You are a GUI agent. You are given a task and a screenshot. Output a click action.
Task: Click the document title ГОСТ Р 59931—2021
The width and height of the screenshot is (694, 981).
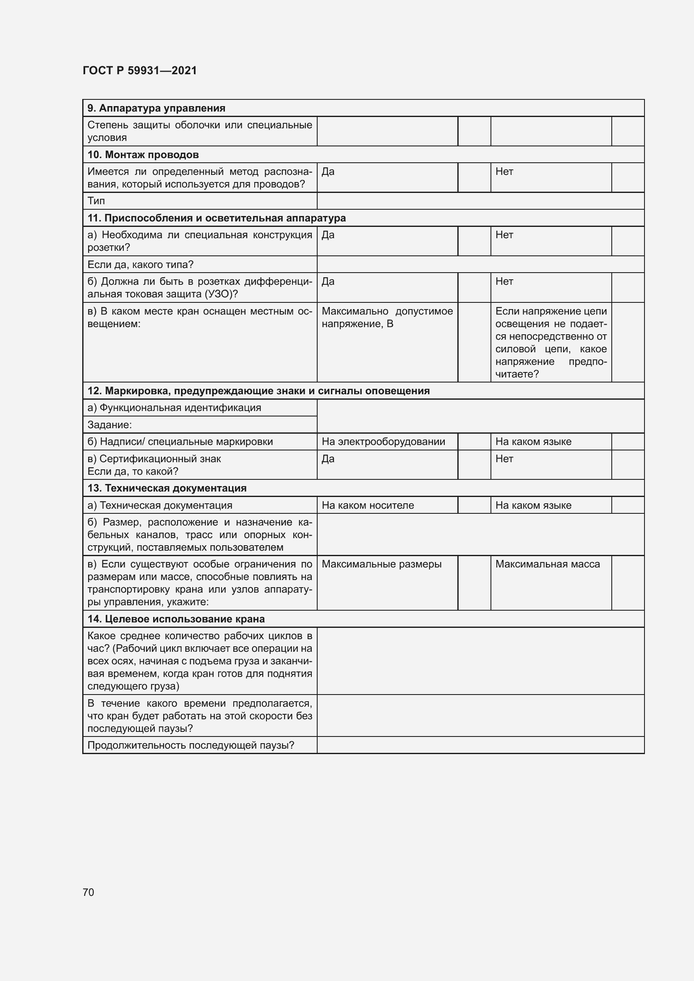click(140, 70)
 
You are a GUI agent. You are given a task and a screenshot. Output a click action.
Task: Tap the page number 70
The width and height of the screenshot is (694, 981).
click(89, 892)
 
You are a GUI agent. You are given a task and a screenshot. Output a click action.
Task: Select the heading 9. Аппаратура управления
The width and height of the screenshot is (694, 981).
click(156, 108)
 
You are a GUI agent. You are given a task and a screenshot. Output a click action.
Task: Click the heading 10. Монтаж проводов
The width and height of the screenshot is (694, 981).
click(143, 155)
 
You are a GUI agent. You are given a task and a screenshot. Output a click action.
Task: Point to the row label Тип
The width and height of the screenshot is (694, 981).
click(96, 201)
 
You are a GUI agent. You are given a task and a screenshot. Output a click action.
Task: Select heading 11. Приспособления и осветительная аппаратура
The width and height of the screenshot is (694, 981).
click(216, 218)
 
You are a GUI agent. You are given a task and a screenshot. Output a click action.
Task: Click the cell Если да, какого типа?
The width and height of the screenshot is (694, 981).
click(140, 265)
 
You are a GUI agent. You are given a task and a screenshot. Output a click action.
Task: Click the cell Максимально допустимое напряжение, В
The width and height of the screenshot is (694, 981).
click(387, 317)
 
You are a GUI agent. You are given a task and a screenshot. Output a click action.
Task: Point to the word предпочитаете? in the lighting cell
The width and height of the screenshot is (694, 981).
click(517, 374)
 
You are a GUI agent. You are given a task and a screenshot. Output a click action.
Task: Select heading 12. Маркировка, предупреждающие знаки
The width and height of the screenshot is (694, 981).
click(258, 391)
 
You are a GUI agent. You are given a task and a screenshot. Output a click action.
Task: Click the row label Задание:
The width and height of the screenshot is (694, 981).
click(110, 425)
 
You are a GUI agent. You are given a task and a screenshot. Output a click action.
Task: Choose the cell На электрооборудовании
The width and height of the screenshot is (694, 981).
click(383, 441)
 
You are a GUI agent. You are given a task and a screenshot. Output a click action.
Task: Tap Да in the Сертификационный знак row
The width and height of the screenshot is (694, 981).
click(328, 458)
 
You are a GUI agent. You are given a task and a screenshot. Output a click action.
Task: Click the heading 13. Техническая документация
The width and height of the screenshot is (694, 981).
click(167, 488)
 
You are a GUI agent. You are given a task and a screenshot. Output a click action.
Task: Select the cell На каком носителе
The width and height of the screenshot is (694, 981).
click(368, 505)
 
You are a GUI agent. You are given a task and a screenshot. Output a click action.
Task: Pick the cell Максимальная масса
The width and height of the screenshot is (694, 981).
click(547, 564)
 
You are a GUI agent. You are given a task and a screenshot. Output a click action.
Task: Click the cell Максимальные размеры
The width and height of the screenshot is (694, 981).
click(381, 564)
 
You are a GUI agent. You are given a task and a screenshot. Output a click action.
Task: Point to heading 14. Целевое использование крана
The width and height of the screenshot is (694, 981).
click(176, 619)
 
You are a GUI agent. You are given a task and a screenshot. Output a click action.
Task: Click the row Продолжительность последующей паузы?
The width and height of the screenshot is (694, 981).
click(190, 745)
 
